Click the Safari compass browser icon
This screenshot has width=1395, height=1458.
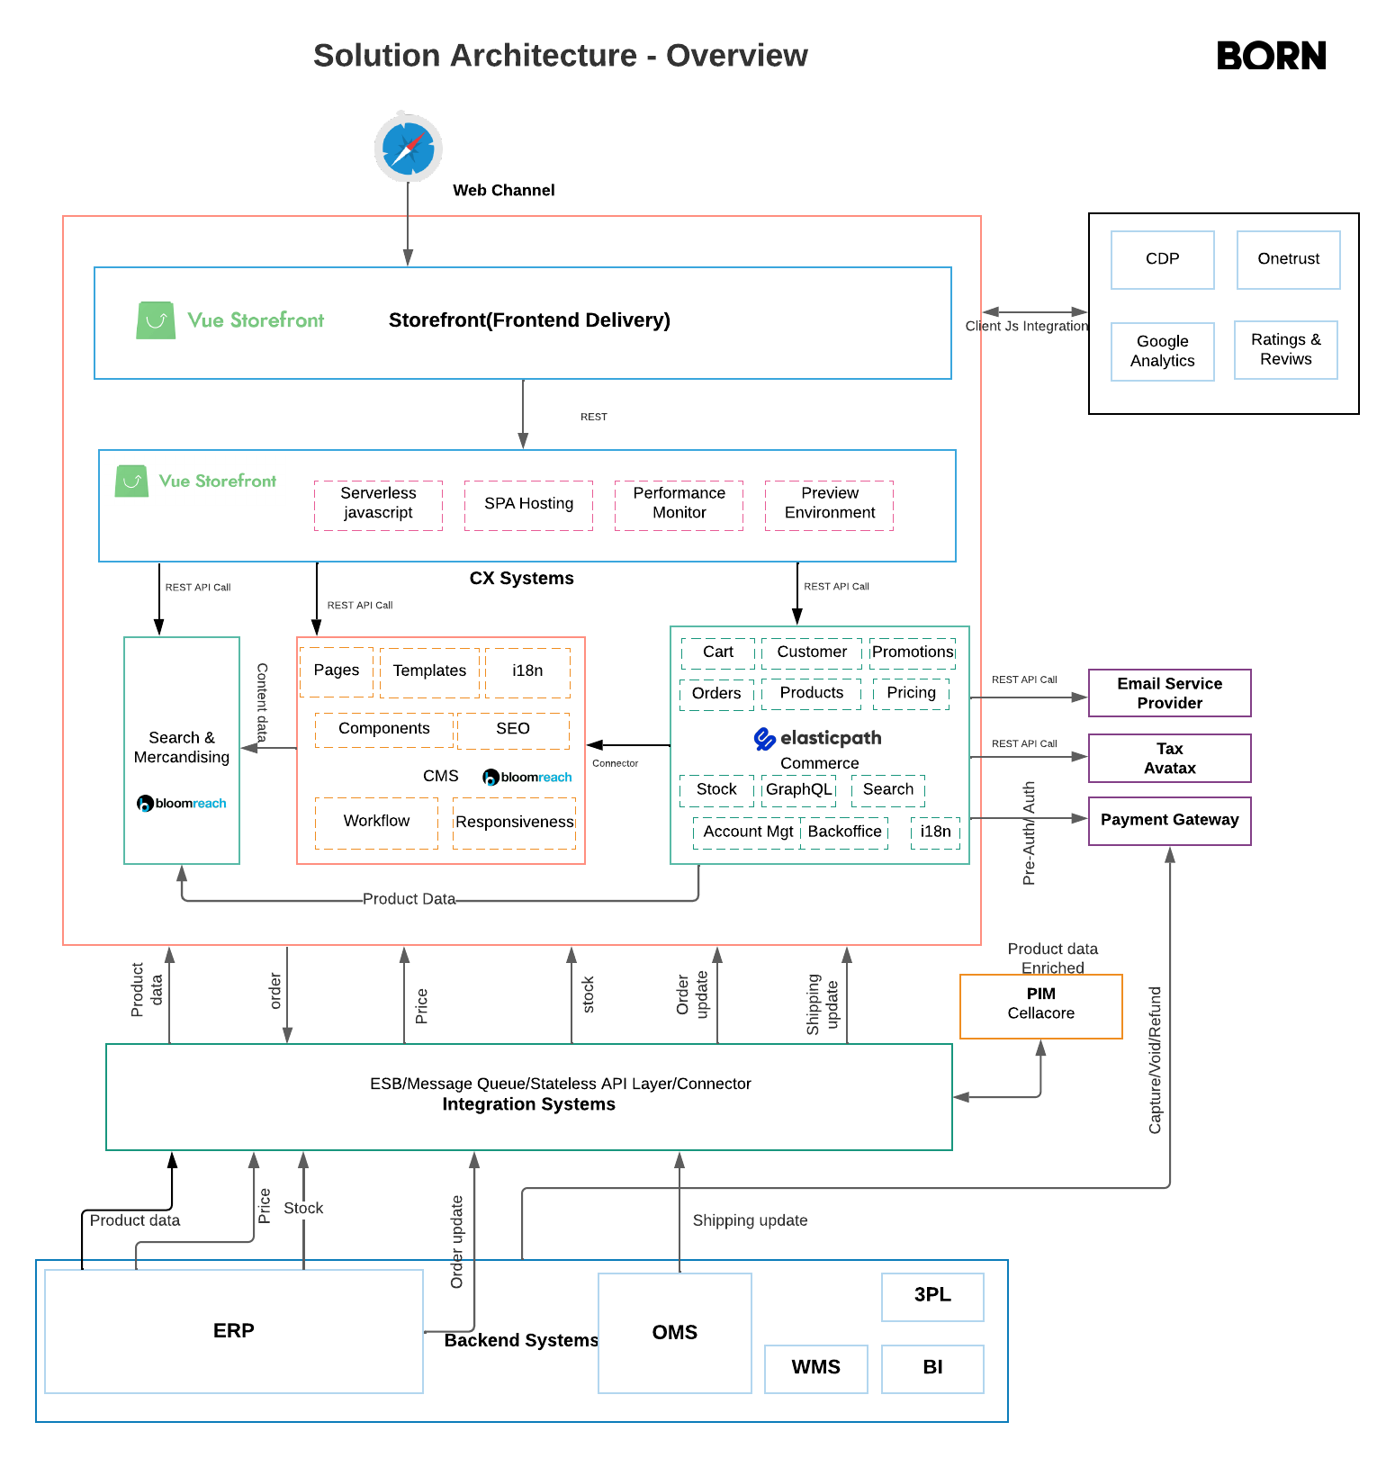coord(408,147)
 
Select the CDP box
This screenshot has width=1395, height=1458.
coord(1162,259)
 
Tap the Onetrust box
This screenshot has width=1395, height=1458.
coord(1288,259)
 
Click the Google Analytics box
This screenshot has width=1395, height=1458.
coord(1162,351)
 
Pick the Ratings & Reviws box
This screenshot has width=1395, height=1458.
coord(1285,349)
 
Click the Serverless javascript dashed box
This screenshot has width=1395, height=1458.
coord(378,504)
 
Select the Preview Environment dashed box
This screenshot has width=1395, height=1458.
coord(829,504)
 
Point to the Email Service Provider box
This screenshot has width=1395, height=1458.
coord(1169,693)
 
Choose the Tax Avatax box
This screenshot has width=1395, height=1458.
coord(1169,758)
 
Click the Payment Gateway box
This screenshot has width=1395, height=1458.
coord(1169,820)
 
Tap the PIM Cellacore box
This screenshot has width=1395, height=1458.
coord(1040,1005)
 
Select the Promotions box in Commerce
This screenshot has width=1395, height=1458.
coord(912,652)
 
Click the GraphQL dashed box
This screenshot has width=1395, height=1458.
coord(798,789)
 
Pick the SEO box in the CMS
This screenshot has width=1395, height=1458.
coord(513,730)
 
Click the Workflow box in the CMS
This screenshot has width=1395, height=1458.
coord(376,822)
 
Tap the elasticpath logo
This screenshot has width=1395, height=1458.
coord(817,739)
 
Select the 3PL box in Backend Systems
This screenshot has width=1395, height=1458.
coord(932,1296)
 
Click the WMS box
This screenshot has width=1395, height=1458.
coord(815,1368)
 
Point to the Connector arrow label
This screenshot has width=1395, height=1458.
coord(615,763)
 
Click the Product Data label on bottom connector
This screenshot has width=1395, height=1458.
coord(409,899)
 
